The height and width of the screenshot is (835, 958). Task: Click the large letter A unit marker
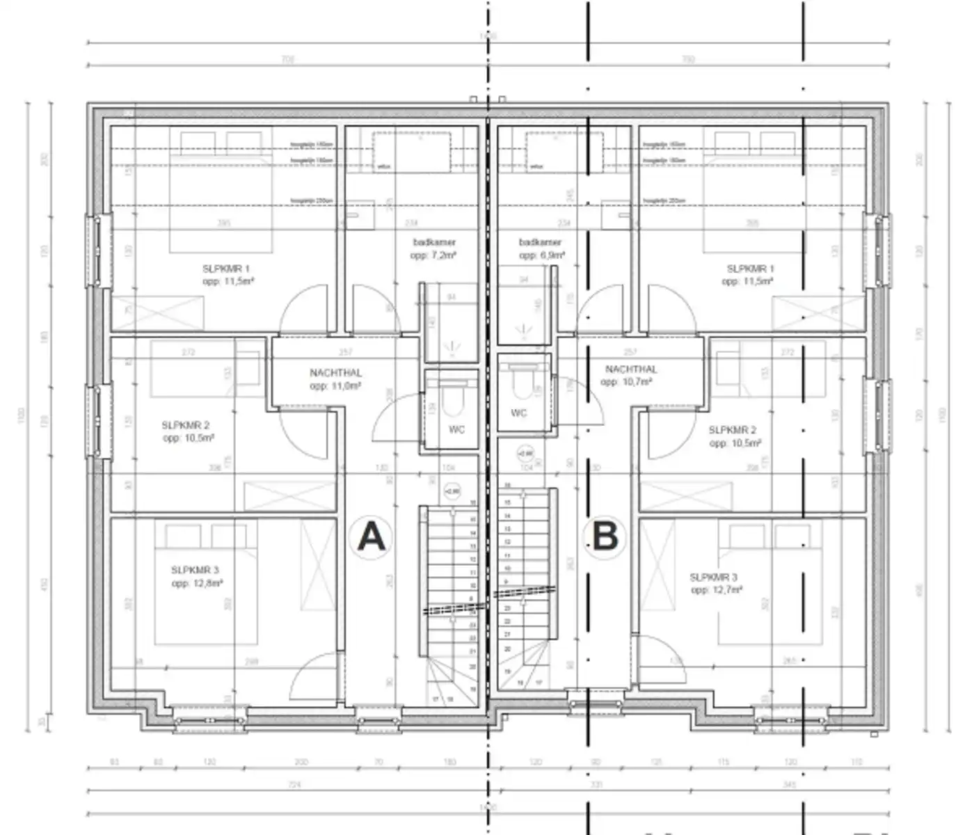pos(371,537)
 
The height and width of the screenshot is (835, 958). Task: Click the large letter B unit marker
pos(605,537)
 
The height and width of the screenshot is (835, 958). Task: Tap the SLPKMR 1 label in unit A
pos(226,269)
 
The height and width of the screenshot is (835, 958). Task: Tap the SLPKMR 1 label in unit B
pos(750,269)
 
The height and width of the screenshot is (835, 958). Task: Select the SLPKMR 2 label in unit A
pos(185,425)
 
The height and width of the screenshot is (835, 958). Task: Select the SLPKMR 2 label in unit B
pos(732,430)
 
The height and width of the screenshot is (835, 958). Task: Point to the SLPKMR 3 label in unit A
pos(195,571)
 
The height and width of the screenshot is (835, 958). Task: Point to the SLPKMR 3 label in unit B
pos(713,577)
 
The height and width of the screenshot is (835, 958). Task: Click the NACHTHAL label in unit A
pos(335,373)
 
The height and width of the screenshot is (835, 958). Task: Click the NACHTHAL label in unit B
pos(630,369)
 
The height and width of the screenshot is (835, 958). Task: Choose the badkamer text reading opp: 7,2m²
pos(433,255)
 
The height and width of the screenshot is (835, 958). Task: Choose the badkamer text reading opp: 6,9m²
pos(541,255)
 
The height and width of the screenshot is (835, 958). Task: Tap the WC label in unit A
pos(456,429)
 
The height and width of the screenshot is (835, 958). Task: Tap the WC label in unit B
pos(519,413)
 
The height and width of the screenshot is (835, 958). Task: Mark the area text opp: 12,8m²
pos(197,583)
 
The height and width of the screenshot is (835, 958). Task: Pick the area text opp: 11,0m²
pos(335,385)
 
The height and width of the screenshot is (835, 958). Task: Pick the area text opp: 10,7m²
pos(626,382)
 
